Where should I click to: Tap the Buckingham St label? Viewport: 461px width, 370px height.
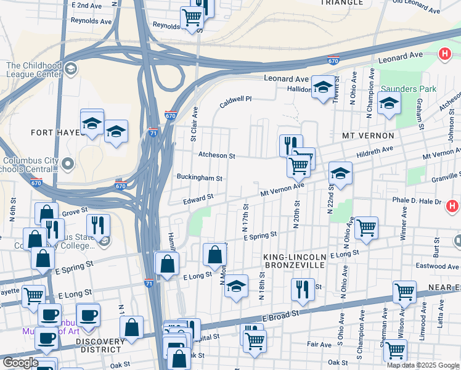(200, 178)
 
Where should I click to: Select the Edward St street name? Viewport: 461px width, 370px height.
(198, 199)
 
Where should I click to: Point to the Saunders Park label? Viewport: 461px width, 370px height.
(408, 89)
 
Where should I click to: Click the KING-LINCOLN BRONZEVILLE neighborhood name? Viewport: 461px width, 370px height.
(294, 260)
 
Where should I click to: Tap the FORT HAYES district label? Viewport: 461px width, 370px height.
(56, 133)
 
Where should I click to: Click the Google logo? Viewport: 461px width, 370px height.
(20, 363)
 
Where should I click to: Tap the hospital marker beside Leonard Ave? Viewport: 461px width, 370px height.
(444, 54)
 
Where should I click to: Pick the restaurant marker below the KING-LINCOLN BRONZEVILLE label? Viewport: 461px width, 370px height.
(302, 289)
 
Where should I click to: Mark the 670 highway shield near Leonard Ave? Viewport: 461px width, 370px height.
(333, 61)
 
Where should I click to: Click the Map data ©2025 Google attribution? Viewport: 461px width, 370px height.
(423, 365)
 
